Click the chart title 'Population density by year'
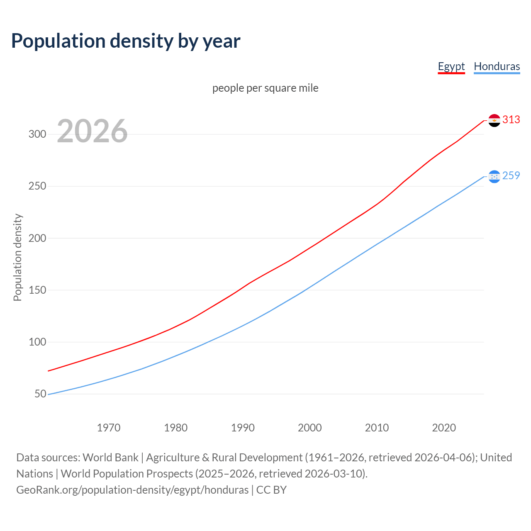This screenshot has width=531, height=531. [126, 41]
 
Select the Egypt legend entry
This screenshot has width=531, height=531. [451, 66]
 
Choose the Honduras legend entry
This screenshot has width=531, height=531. [497, 66]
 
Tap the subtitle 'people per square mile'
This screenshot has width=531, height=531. [265, 88]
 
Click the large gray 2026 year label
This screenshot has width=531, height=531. [92, 131]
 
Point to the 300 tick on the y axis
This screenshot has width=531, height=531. [37, 134]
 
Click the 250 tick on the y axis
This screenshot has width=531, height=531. [37, 186]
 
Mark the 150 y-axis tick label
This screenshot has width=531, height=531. [37, 290]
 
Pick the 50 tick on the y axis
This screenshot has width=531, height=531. [40, 394]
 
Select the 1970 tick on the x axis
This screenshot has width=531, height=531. [109, 428]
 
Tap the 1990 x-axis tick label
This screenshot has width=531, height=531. [243, 428]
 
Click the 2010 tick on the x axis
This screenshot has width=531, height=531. [377, 428]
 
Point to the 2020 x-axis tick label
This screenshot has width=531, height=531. [444, 428]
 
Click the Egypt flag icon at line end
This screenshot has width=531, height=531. [494, 120]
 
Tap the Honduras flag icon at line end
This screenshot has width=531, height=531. [494, 177]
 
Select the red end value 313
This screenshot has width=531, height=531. [511, 120]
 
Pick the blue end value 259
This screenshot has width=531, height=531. [511, 176]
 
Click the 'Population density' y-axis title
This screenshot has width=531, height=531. [17, 257]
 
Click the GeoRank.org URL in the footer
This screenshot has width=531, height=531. [132, 490]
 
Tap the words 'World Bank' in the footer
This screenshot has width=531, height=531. [110, 458]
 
